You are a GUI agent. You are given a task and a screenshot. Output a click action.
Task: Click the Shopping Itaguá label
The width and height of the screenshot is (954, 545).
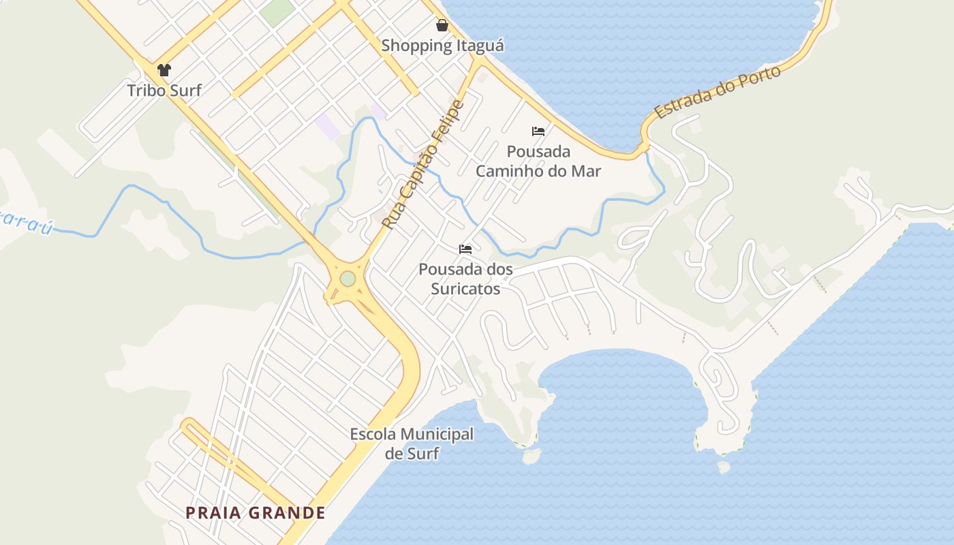coord(442,46)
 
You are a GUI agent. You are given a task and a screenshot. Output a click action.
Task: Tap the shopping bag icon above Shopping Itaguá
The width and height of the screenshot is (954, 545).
coord(442,25)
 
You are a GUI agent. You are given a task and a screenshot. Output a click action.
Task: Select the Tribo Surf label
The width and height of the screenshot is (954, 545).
coord(164,90)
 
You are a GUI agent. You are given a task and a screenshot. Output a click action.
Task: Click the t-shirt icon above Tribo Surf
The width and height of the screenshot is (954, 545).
coord(164,69)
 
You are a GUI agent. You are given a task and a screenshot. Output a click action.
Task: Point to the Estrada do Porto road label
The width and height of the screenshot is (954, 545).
coord(718,93)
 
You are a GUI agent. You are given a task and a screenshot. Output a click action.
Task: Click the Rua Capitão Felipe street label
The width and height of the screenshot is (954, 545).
coord(422,164)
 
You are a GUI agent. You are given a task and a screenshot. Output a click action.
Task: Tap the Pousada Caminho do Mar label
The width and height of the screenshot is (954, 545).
coord(538,161)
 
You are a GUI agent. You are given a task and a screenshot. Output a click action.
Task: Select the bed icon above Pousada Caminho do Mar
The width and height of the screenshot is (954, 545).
coord(538,131)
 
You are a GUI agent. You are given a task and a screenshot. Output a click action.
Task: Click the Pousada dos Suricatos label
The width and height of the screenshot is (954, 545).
coord(465,279)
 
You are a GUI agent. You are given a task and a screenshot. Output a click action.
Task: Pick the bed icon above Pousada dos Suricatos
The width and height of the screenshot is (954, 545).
coord(465,249)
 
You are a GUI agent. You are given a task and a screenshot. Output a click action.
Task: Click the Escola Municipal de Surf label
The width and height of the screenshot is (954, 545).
coord(412,443)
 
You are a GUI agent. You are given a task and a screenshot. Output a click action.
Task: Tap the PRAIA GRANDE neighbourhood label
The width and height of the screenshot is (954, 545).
coord(256,513)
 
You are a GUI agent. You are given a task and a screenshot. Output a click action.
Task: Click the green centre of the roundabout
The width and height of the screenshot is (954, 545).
coord(348,279)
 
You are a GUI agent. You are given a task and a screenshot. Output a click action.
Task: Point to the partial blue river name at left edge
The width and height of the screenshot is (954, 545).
coord(25,222)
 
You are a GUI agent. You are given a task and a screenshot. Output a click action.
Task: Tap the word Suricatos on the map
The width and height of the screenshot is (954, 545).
coord(465,289)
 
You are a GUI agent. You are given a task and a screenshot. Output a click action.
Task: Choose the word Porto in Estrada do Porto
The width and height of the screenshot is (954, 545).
coord(757,79)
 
